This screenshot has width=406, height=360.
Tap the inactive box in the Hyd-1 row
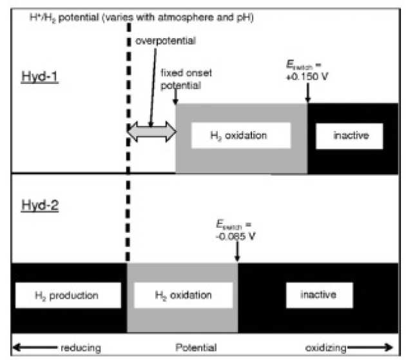pyautogui.click(x=349, y=135)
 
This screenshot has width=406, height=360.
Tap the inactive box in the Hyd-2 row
pyautogui.click(x=319, y=295)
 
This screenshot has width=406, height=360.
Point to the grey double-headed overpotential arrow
pyautogui.click(x=151, y=132)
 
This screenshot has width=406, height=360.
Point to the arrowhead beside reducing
pyautogui.click(x=16, y=348)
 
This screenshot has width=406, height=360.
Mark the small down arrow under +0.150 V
pyautogui.click(x=307, y=97)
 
